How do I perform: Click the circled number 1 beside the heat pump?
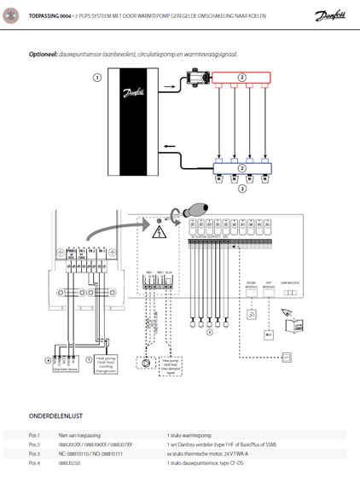pyautogui.click(x=97, y=78)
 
